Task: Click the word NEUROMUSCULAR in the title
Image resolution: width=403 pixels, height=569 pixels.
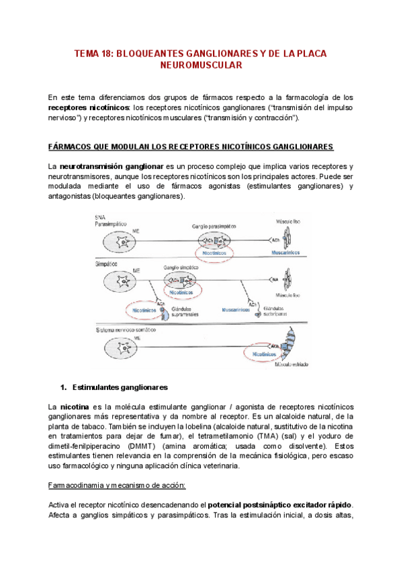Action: [201, 66]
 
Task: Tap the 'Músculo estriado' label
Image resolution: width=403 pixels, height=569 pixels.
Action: [293, 362]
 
